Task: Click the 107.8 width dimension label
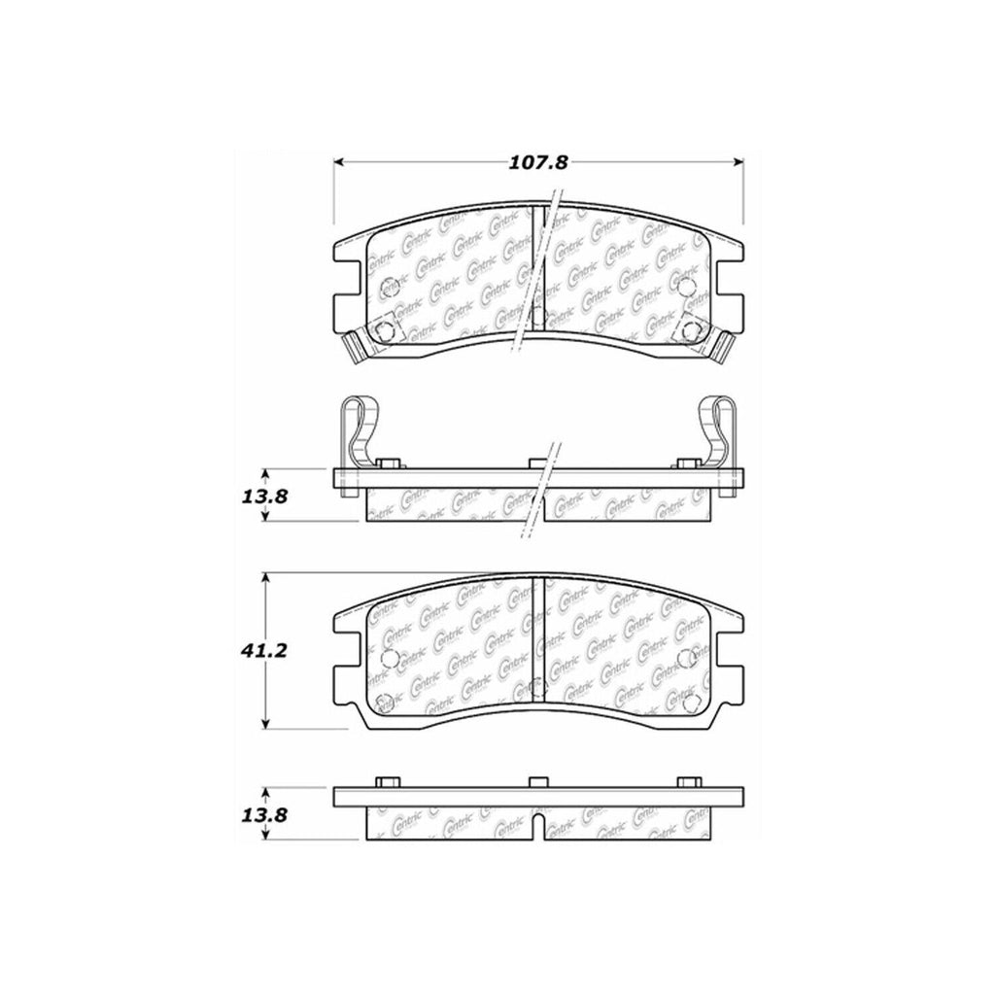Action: point(537,163)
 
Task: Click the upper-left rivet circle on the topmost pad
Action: point(389,287)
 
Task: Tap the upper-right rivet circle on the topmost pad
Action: point(687,286)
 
